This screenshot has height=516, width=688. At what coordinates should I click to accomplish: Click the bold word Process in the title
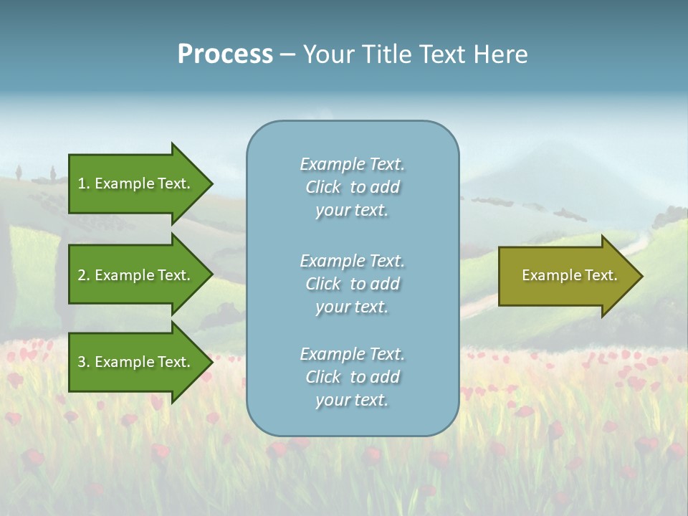coord(225,54)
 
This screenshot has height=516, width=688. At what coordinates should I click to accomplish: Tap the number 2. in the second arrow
coord(84,275)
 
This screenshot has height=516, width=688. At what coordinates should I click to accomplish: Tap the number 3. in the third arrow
coord(84,362)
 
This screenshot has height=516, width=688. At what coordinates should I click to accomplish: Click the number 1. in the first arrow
coord(84,183)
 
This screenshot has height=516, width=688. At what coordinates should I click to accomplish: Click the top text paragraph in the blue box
coord(352,187)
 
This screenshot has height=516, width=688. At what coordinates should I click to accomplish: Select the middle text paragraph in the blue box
coord(352,284)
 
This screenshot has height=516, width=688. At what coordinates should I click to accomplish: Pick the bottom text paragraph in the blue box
coord(352,377)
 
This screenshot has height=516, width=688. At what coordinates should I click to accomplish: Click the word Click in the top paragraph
coord(323,187)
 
